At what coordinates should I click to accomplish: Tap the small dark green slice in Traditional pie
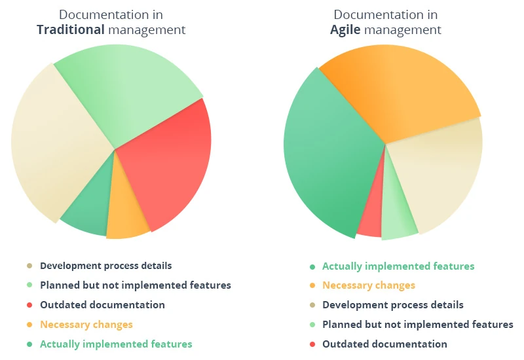pos(88,213)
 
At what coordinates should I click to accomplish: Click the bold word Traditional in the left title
pos(71,29)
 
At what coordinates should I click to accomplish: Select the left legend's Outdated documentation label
pos(102,305)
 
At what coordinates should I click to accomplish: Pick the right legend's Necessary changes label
pos(368,285)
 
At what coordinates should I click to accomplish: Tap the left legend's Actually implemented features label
pos(116,344)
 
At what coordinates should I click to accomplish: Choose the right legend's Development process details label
pos(392,305)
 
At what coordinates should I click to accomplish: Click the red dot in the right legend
pos(312,345)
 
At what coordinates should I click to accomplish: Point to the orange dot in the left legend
pos(29,325)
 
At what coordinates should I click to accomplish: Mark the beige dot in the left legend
pos(29,266)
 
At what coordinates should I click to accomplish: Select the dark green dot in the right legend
pos(312,267)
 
